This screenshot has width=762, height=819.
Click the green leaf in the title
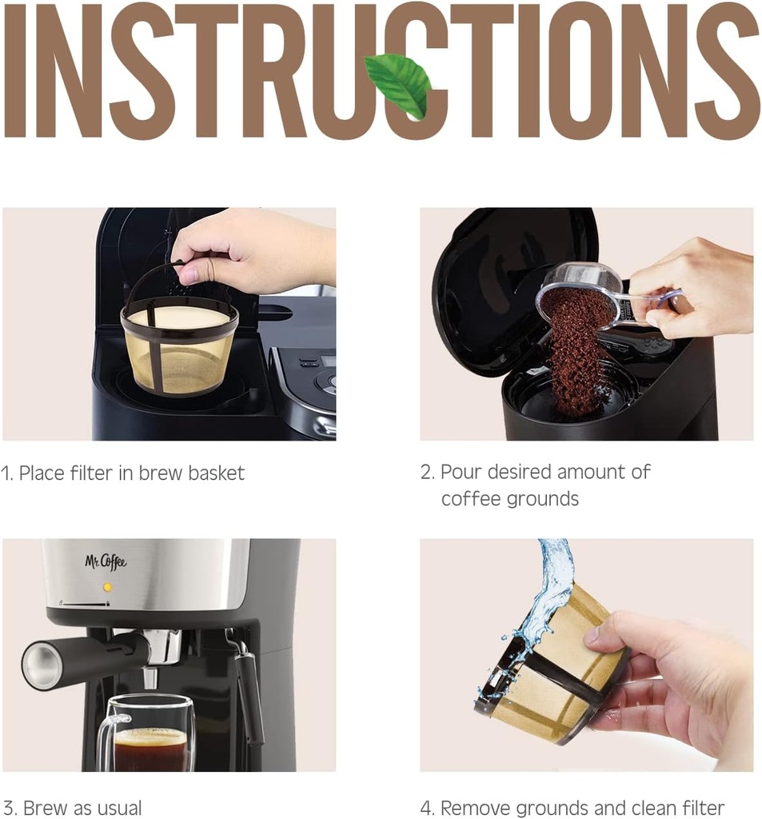pos(399,84)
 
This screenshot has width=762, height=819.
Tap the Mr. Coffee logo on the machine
pos(106,561)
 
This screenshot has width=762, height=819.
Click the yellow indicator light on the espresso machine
pos(107,586)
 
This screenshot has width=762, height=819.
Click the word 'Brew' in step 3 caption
pos(46,807)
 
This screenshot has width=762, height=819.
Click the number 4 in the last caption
pos(426,807)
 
